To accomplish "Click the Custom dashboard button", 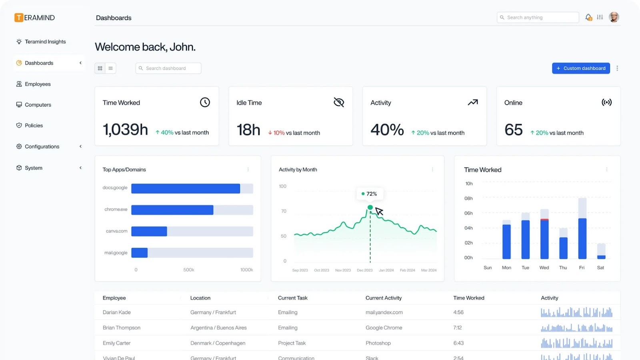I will tap(581, 68).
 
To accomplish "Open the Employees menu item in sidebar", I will tap(38, 84).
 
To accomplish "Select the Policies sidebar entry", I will tap(34, 126).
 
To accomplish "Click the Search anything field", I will tap(538, 18).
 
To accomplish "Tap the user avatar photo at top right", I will tap(614, 17).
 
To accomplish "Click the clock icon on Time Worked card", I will tap(205, 102).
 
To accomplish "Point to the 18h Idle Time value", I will tap(248, 130).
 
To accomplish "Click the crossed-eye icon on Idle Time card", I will tap(339, 102).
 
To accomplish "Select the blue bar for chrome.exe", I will tap(172, 210).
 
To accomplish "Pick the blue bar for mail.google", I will tap(139, 253).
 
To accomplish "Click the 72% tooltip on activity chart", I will tap(370, 194).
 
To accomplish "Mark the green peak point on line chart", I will tap(370, 207).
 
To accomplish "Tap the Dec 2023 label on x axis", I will tap(364, 270).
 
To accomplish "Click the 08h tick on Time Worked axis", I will tap(468, 198).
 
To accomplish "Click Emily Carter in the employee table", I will tap(116, 343).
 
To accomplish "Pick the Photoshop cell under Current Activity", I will tap(378, 343).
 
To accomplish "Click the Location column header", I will tap(200, 298).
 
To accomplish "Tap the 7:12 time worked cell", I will tap(458, 328).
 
